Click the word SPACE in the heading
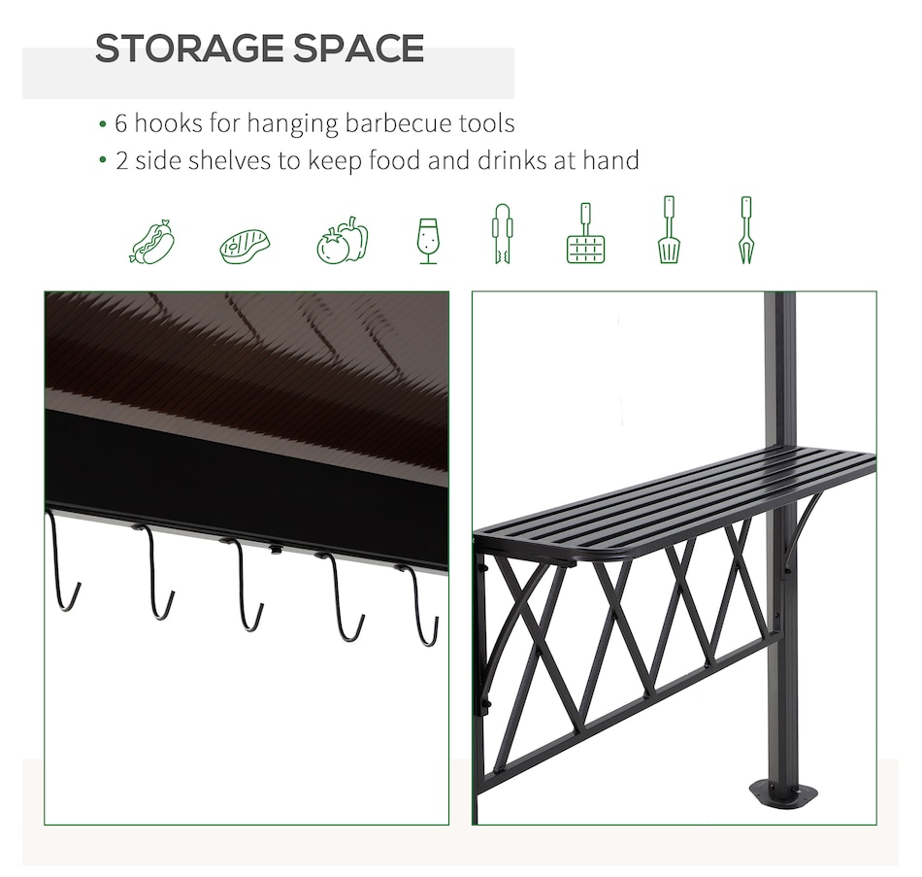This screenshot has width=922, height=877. (359, 48)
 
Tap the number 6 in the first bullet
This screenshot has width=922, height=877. (120, 123)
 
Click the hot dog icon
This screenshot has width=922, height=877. (152, 241)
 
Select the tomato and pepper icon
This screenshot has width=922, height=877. (343, 240)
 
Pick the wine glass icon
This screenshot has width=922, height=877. (428, 241)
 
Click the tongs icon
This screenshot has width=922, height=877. (502, 233)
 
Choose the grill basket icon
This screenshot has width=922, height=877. (585, 233)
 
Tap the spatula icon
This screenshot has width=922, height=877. (669, 229)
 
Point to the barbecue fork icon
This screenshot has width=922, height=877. (745, 229)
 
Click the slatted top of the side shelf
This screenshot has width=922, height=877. (676, 499)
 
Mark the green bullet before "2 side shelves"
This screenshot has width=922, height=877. (103, 160)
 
